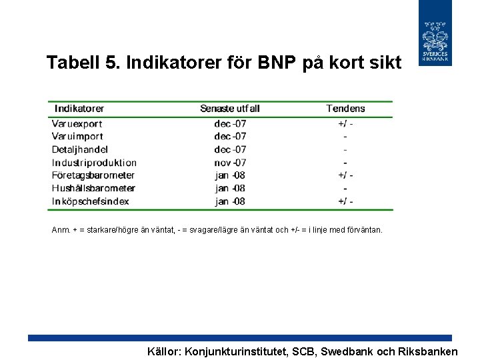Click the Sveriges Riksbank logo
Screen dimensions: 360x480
[x=435, y=33]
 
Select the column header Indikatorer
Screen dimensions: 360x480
[x=79, y=109]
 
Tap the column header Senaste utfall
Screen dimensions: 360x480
[x=230, y=109]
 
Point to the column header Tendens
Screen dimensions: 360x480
[x=345, y=109]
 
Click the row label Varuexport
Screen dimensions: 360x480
[x=77, y=123]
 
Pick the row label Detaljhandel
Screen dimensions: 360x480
[x=79, y=149]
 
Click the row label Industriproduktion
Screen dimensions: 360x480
[x=94, y=162]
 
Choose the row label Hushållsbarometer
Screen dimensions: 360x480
[x=93, y=188]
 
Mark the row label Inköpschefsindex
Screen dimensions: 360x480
[x=90, y=201]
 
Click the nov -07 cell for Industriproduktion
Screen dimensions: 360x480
[x=230, y=162]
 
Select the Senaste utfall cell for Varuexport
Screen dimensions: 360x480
[x=230, y=123]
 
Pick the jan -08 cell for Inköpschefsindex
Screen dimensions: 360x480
[x=230, y=201]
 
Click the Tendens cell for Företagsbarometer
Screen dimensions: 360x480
[x=345, y=175]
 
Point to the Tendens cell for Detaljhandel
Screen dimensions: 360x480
[x=345, y=149]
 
